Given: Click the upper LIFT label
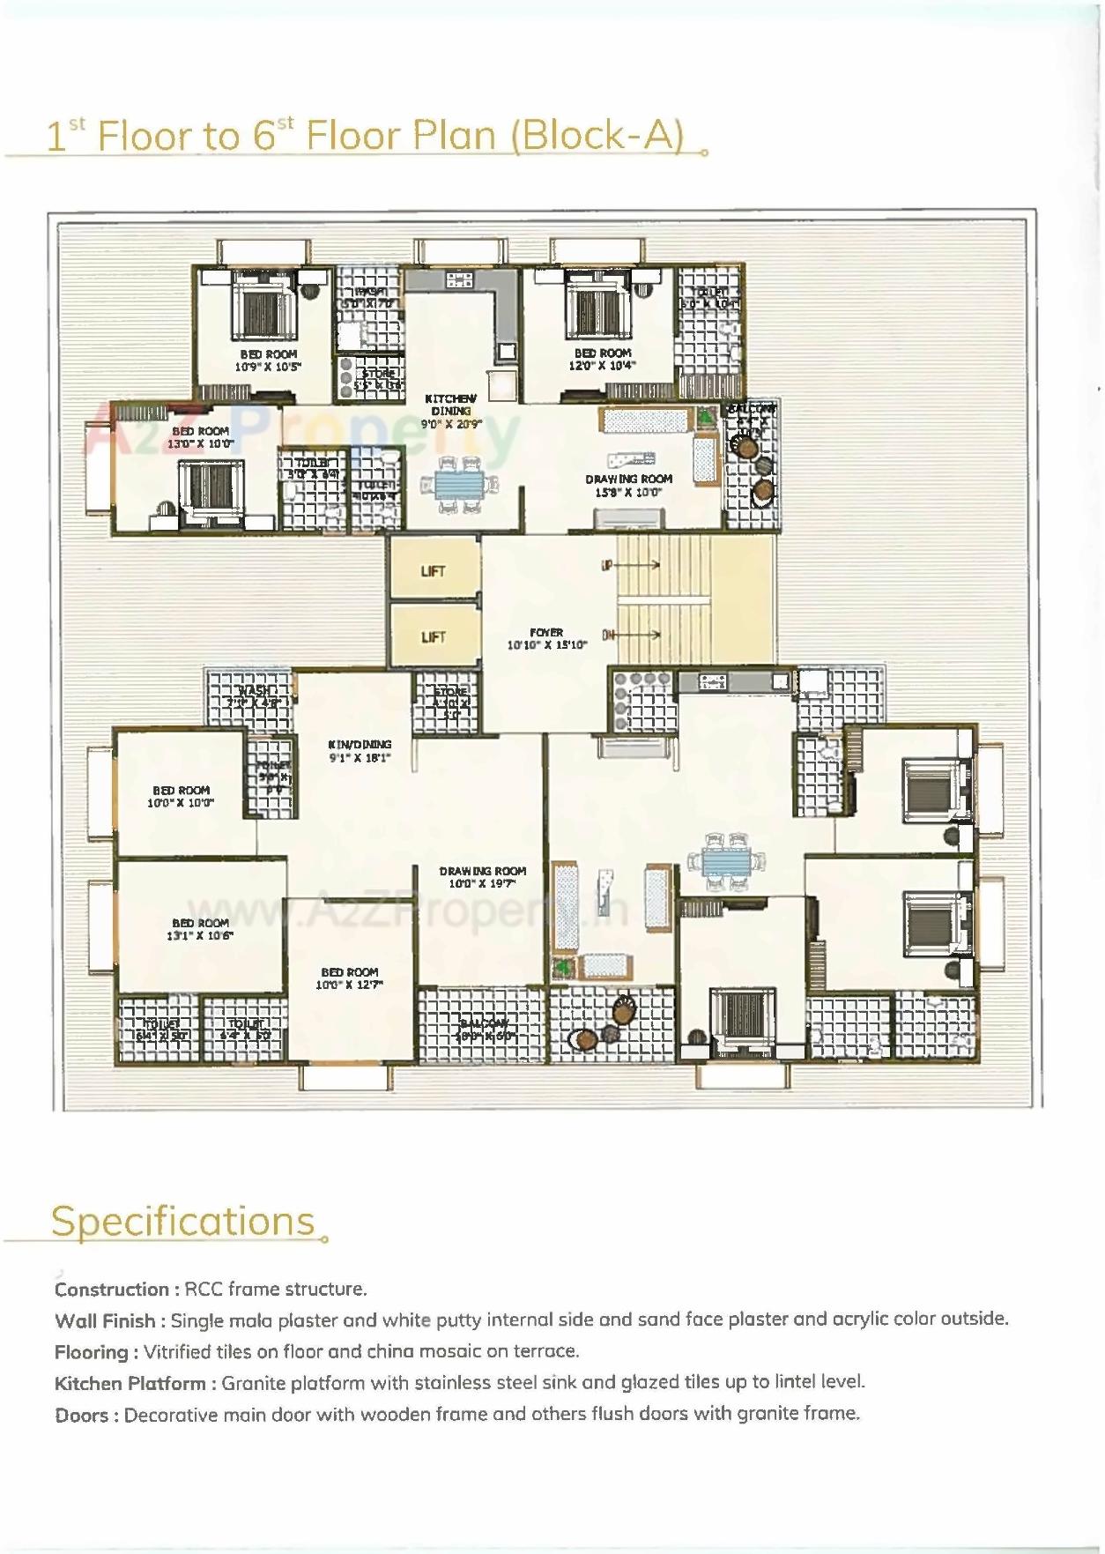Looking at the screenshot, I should [433, 571].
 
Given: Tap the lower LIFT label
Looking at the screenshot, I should [433, 636].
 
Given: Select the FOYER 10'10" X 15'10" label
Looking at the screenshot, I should [546, 638].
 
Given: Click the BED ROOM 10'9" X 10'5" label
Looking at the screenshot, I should [268, 360].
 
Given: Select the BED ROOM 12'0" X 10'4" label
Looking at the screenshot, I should [602, 359].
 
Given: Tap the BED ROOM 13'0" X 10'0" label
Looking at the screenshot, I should [201, 437].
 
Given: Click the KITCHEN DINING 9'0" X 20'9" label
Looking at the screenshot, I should [450, 411].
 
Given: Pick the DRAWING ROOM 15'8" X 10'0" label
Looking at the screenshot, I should [628, 486].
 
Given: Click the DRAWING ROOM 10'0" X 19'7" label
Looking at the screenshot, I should [482, 876].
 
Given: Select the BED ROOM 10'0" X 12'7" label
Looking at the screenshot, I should [349, 978].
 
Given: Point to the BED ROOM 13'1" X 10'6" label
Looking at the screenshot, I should [200, 929].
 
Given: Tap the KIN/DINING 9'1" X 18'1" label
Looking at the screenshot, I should [359, 751].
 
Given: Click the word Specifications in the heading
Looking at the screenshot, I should [182, 1222].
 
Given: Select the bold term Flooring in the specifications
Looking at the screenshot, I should [92, 1352].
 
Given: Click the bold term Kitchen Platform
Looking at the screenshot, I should [130, 1384].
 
